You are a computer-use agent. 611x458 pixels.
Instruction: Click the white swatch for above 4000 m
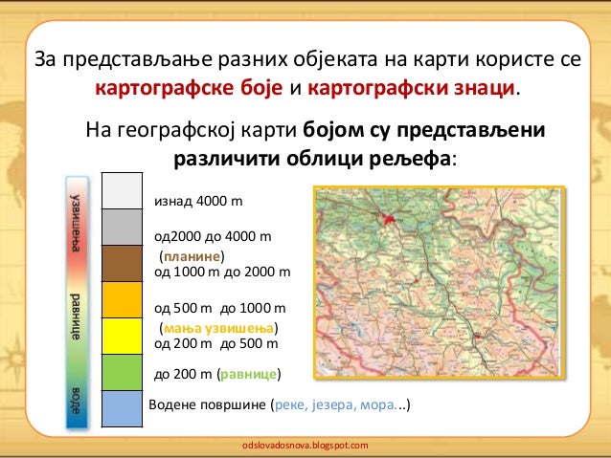(x=122, y=191)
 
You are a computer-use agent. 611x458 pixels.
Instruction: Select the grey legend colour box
(x=122, y=228)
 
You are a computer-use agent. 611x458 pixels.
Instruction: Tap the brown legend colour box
(x=122, y=264)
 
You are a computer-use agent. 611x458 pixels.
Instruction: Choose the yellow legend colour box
(x=122, y=336)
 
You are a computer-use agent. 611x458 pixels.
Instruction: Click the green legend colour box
(x=122, y=372)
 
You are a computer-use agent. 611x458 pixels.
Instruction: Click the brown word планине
(x=192, y=256)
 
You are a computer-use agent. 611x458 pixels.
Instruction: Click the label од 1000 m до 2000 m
(x=221, y=272)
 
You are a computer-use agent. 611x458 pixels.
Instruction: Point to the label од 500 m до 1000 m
(x=219, y=309)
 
